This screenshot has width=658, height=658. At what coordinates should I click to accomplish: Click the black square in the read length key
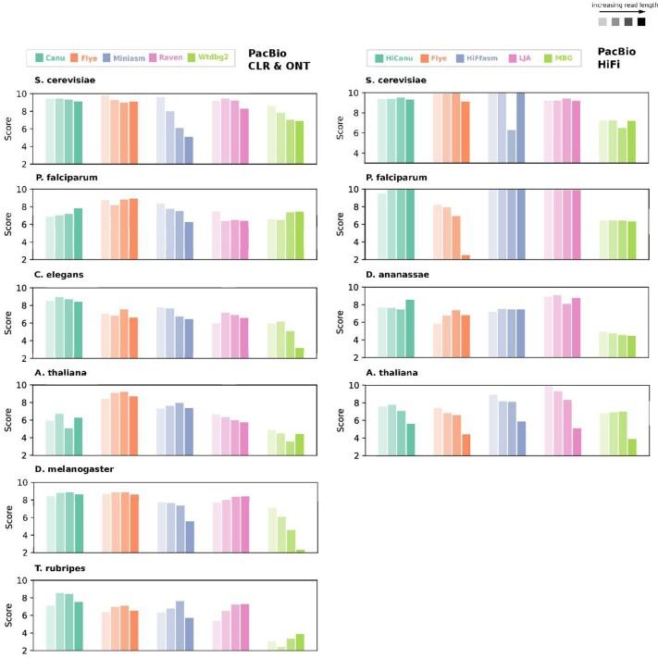(641, 21)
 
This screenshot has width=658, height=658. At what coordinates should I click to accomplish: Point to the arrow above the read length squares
(641, 10)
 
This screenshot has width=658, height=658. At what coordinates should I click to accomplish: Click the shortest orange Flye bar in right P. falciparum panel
(466, 256)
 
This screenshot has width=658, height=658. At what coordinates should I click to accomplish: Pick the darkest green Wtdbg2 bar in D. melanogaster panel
(301, 551)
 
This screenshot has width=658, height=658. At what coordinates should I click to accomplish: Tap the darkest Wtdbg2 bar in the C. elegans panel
(301, 353)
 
